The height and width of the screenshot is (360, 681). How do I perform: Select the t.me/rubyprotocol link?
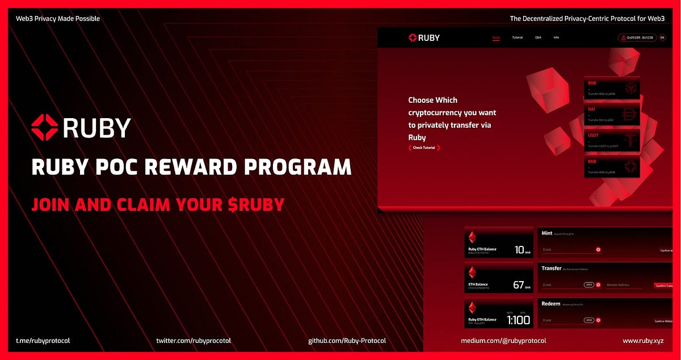pyautogui.click(x=43, y=341)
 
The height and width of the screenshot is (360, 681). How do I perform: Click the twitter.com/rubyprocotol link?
pyautogui.click(x=194, y=341)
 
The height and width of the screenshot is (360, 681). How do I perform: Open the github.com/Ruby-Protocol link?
pyautogui.click(x=347, y=341)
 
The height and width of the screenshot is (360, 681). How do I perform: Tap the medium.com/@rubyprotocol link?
pyautogui.click(x=503, y=341)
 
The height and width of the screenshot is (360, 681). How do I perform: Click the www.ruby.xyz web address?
pyautogui.click(x=644, y=341)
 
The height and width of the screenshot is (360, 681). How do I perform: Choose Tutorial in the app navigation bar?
pyautogui.click(x=518, y=37)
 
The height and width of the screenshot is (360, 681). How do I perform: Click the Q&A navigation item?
pyautogui.click(x=538, y=37)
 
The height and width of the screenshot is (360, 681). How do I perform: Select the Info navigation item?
pyautogui.click(x=556, y=37)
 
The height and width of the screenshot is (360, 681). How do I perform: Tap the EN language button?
pyautogui.click(x=662, y=38)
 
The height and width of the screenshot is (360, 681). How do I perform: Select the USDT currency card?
pyautogui.click(x=612, y=140)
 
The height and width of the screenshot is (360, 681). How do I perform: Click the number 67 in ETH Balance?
pyautogui.click(x=518, y=284)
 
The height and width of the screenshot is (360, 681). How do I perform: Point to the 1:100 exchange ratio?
pyautogui.click(x=518, y=320)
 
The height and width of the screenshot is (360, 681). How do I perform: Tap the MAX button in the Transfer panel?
pyautogui.click(x=589, y=284)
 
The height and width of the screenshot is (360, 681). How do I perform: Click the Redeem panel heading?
pyautogui.click(x=550, y=304)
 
